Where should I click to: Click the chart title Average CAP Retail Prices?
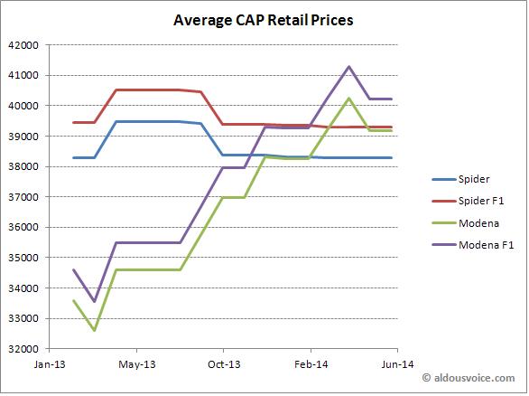(x=263, y=18)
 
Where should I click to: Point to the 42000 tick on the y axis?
(x=25, y=45)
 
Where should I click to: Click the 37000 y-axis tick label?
(x=25, y=197)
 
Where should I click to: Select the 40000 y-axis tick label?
(x=25, y=106)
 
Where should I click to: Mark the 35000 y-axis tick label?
(x=25, y=258)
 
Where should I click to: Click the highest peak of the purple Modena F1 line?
(x=349, y=67)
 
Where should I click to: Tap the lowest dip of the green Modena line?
(x=95, y=330)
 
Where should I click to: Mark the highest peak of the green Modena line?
(x=349, y=99)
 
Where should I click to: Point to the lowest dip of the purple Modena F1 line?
(x=95, y=301)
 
